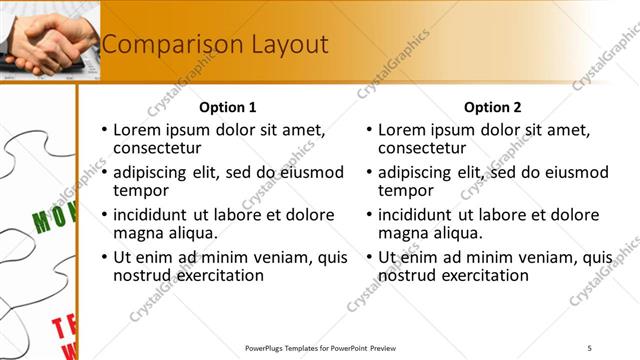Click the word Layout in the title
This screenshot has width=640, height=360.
[285, 45]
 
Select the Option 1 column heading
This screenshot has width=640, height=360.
[228, 107]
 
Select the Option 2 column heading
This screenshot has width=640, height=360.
[493, 107]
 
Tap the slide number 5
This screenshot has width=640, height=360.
[589, 347]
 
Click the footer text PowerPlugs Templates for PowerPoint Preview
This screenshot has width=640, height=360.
[320, 347]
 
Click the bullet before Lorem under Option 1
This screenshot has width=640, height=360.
[104, 130]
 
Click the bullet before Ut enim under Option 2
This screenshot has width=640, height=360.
[370, 257]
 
